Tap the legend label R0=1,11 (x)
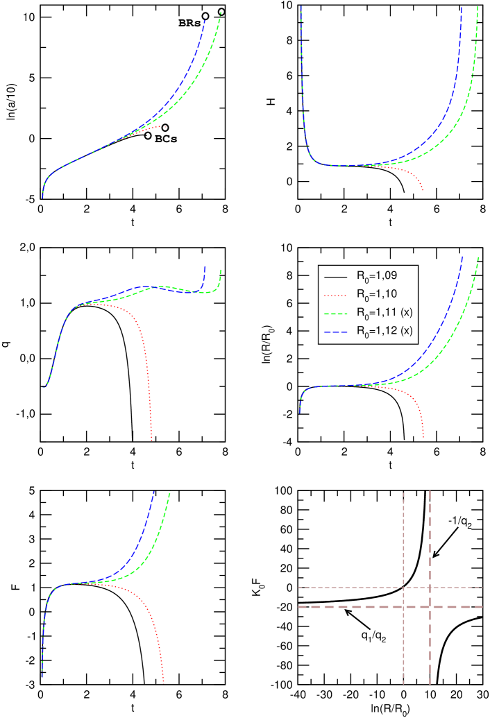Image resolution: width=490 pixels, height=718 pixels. pos(385,312)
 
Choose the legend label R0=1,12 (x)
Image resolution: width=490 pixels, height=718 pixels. pos(385,331)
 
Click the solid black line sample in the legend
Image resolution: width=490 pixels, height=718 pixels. pos(335,275)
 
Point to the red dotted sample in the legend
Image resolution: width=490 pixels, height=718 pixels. pos(335,294)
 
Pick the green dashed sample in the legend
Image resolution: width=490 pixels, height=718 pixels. pos(335,313)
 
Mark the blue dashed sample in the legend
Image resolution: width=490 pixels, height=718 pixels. pos(335,332)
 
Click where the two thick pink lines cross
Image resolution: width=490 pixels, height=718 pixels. pos(430,607)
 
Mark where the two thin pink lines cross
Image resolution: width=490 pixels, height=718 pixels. pos(403,588)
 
